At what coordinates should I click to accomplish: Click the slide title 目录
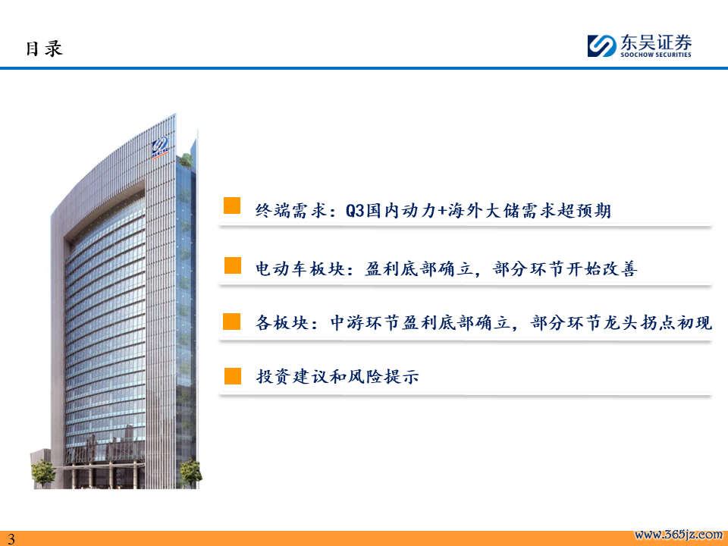44,49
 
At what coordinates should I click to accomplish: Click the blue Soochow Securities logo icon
601,45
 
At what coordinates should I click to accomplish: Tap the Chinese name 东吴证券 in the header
656,42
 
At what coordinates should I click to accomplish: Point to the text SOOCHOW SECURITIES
656,55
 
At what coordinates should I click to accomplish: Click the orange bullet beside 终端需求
232,206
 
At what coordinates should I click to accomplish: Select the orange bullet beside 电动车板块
233,265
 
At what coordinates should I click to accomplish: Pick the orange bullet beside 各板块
232,322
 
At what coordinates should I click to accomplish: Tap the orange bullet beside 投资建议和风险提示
233,376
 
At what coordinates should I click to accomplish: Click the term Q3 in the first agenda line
356,211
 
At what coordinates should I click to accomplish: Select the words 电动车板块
300,268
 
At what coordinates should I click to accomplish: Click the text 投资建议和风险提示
337,376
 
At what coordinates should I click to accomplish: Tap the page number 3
11,538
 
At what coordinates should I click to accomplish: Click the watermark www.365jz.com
678,535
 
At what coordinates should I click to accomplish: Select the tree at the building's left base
43,472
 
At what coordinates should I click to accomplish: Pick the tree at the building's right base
191,472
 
